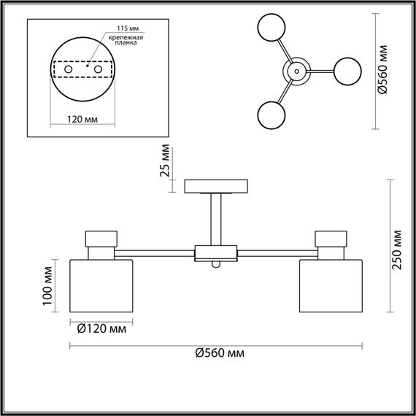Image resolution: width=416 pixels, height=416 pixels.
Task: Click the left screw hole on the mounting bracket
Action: click(68, 69)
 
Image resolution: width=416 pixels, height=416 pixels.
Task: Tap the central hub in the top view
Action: click(297, 71)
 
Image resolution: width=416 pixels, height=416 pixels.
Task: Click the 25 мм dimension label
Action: click(165, 162)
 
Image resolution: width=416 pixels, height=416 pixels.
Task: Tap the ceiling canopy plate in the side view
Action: click(217, 187)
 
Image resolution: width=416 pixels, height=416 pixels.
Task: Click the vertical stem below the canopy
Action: click(217, 219)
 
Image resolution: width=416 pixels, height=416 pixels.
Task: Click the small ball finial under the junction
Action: click(217, 265)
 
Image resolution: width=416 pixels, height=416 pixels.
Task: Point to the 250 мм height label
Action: click(396, 250)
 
